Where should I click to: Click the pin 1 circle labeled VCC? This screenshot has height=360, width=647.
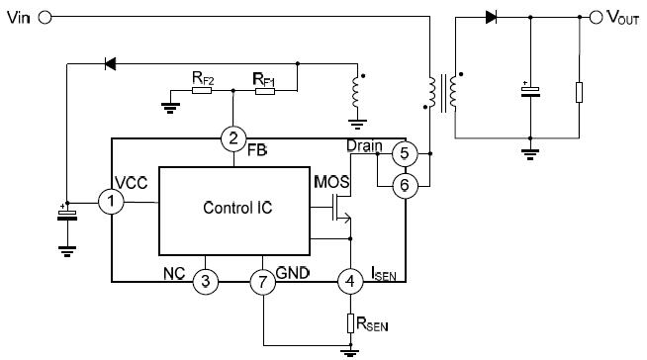pos(112,202)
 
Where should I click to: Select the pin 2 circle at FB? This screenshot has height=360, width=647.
pos(232,137)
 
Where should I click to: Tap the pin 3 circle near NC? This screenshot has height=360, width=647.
pos(204,281)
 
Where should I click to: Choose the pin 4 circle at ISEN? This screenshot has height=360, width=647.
pos(349,281)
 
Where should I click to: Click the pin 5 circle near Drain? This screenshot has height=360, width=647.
pos(403,153)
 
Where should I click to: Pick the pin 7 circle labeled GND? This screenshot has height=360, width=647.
pos(262,281)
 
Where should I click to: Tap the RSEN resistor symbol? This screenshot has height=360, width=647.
pos(349,321)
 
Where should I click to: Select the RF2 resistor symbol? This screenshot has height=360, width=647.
pos(203,90)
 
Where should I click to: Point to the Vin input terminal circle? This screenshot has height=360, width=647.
pos(46,17)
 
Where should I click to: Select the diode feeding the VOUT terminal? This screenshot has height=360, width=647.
pos(491,17)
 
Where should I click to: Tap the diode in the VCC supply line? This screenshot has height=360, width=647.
pos(110,64)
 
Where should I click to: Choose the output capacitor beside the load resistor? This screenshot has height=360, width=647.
pos(531,92)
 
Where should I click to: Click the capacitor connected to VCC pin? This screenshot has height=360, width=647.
pos(66,214)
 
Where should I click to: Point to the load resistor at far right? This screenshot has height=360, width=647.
pos(579,93)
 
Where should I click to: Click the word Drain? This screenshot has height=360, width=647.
pos(365,146)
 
